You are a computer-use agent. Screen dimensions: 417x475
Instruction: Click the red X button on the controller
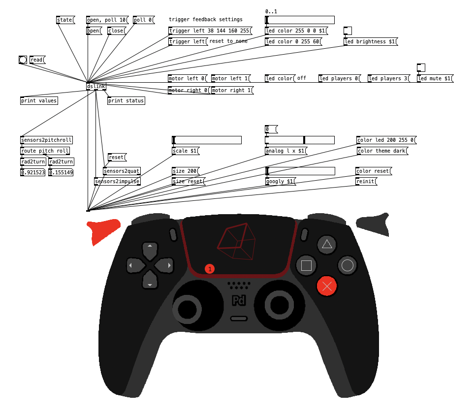(x=326, y=286)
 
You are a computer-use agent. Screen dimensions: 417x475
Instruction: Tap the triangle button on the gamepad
(x=327, y=244)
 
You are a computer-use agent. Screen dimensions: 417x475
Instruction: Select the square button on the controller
(x=306, y=265)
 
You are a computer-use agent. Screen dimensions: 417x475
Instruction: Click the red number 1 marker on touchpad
(x=210, y=269)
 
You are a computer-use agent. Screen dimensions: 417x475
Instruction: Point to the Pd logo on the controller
(x=239, y=300)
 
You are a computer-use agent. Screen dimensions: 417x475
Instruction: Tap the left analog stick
(x=187, y=309)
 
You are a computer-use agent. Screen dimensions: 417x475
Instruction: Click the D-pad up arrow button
(x=150, y=250)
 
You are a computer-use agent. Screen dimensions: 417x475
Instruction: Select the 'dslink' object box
(x=96, y=87)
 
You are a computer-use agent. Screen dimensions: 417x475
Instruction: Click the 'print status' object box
(x=126, y=101)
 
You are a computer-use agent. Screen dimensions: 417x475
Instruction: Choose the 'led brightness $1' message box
(x=370, y=42)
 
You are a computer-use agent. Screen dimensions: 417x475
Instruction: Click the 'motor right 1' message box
(x=231, y=91)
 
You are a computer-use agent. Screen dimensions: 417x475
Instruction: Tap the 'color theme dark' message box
(x=381, y=151)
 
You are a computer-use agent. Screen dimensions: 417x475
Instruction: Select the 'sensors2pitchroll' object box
(x=46, y=140)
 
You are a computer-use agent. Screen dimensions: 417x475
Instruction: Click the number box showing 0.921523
(x=33, y=173)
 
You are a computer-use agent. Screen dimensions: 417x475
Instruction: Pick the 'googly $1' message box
(x=280, y=182)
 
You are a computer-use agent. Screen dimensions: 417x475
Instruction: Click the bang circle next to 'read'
(x=23, y=60)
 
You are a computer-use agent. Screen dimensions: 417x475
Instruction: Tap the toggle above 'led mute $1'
(x=421, y=67)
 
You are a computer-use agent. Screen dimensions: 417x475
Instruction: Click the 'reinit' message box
(x=365, y=182)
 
